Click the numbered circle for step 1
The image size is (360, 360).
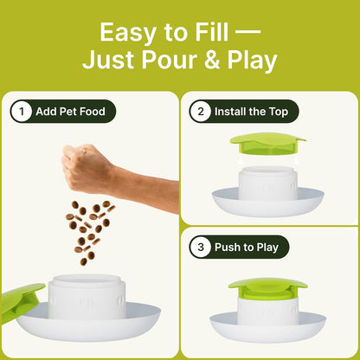click(x=21, y=112)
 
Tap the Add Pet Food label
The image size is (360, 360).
click(x=72, y=112)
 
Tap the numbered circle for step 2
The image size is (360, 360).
click(x=202, y=112)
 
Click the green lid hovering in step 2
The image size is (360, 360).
click(x=267, y=141)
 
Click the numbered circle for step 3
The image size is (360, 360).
click(x=202, y=247)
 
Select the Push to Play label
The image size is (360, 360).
click(x=249, y=247)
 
